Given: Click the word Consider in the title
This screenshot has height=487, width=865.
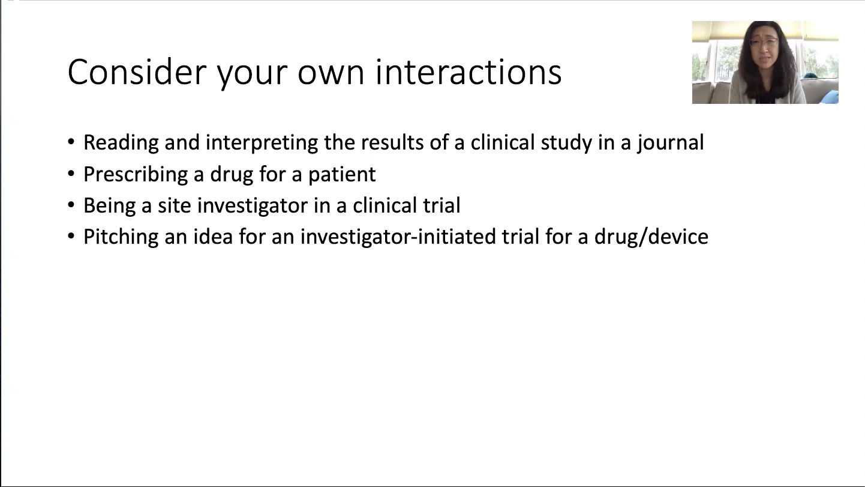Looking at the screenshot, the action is click(x=137, y=72).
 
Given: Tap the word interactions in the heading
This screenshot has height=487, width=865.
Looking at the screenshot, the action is click(x=468, y=72).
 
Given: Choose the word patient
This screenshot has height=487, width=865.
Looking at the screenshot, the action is click(x=342, y=174).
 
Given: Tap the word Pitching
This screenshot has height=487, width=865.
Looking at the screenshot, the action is click(x=121, y=237).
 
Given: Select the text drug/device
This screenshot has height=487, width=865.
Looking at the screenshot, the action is click(x=651, y=237).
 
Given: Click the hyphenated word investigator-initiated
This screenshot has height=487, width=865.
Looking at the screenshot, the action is click(x=398, y=237).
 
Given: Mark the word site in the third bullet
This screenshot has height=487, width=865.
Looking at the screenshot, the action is click(x=174, y=205).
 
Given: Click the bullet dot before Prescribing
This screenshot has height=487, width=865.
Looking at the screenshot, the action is click(x=71, y=174).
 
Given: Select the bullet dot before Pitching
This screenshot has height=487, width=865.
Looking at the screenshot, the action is click(x=71, y=236).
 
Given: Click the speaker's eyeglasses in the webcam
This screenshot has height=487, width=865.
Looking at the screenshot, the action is click(x=764, y=43).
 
